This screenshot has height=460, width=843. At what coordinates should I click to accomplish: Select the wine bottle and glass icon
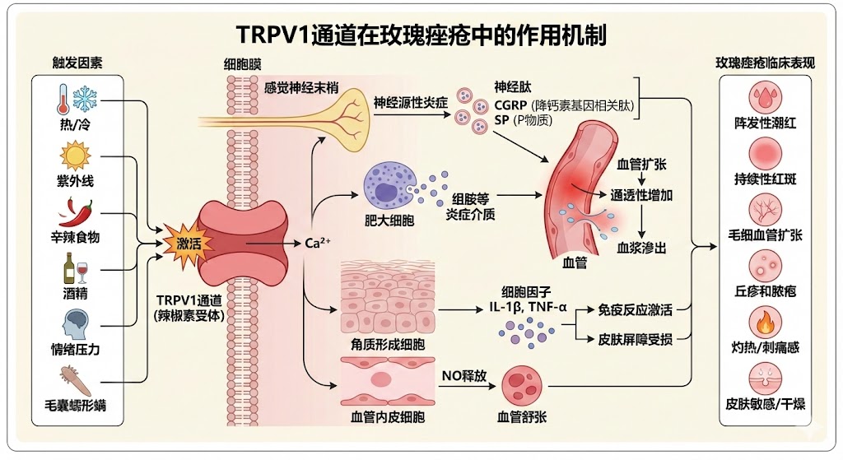click(77, 267)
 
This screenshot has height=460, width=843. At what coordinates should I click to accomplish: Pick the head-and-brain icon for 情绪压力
click(77, 323)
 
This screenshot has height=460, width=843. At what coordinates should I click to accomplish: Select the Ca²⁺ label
click(318, 244)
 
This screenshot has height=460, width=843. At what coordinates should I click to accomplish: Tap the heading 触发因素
click(77, 63)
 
